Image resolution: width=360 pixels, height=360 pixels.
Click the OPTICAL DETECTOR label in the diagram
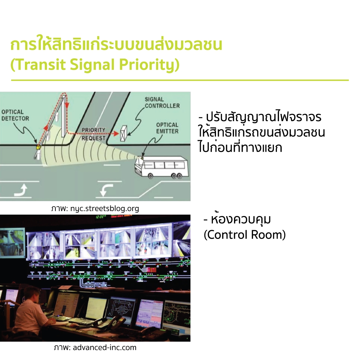pyautogui.click(x=15, y=115)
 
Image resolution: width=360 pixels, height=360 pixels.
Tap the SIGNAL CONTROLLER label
pyautogui.click(x=162, y=102)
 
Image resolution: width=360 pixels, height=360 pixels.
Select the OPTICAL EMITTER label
pyautogui.click(x=167, y=128)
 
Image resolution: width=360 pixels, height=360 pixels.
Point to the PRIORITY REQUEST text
pyautogui.click(x=93, y=134)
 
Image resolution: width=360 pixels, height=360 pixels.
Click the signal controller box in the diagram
pyautogui.click(x=123, y=133)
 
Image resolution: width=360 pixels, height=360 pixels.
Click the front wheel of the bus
pyautogui.click(x=150, y=176)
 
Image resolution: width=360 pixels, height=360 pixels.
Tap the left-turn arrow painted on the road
pyautogui.click(x=106, y=190)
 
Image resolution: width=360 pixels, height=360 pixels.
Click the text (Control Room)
pyautogui.click(x=244, y=235)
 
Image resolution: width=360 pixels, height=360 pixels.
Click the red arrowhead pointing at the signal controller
pyautogui.click(x=116, y=133)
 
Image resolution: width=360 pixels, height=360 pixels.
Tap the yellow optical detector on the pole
pyautogui.click(x=38, y=147)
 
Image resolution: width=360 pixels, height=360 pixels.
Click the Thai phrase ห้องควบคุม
pyautogui.click(x=241, y=219)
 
